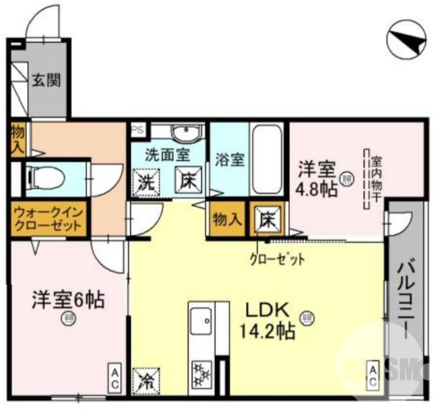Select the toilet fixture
46,177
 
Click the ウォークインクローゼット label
48,218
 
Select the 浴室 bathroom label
229,161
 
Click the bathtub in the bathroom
267,158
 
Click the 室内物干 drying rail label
376,177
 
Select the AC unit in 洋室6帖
115,378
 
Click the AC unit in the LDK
373,376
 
